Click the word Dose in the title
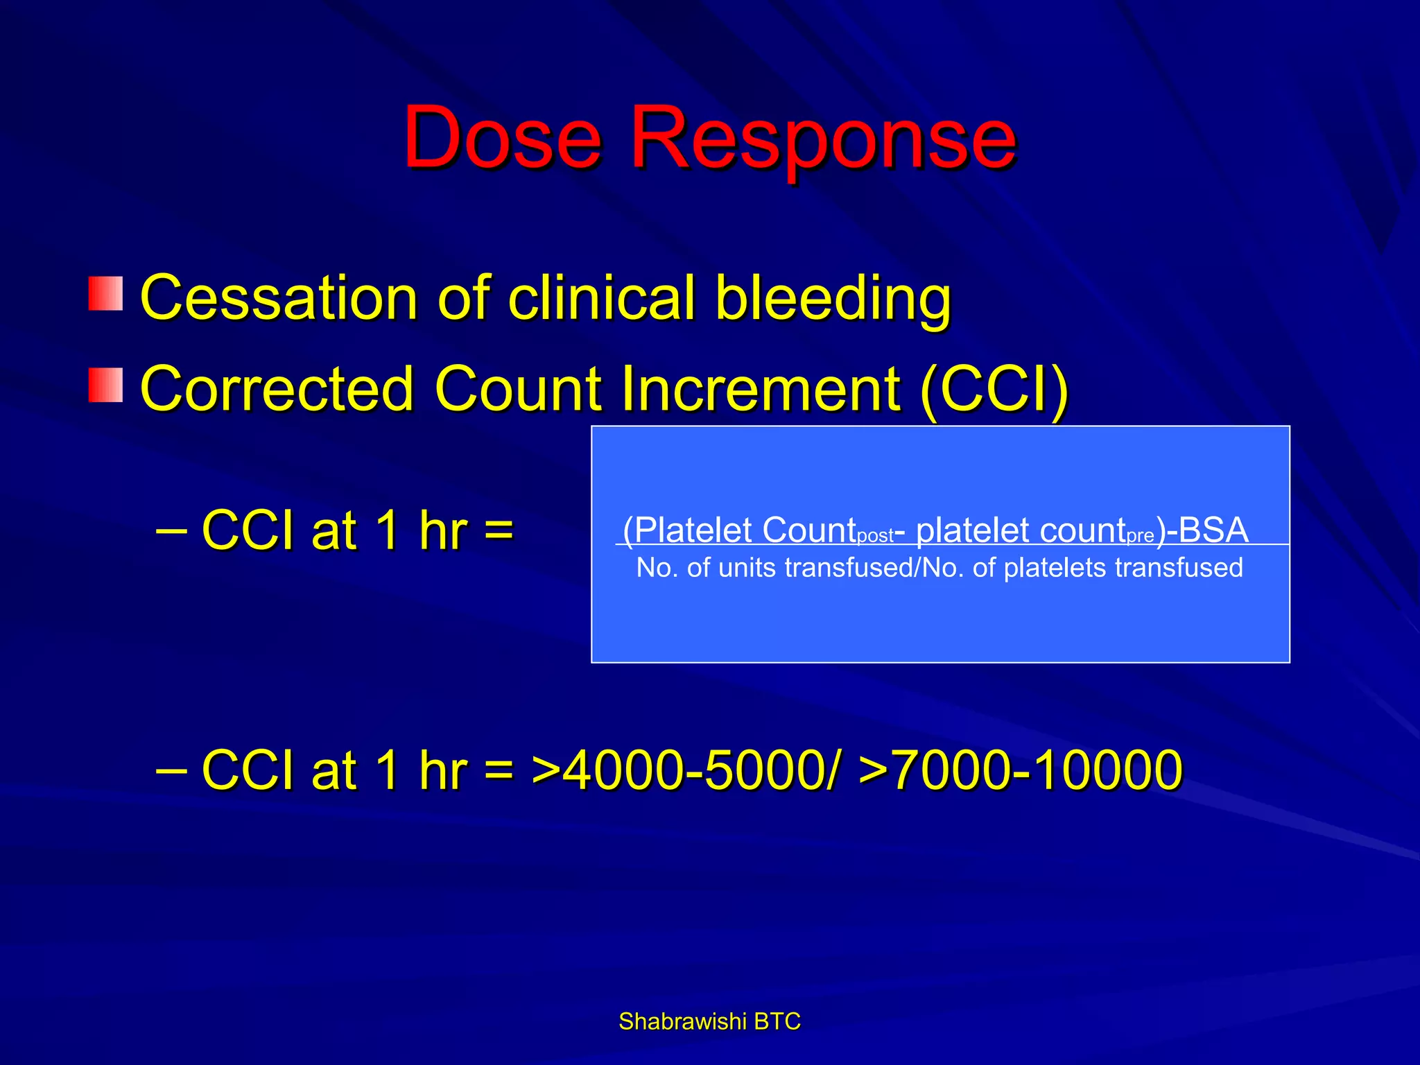pyautogui.click(x=502, y=138)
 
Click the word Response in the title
pyautogui.click(x=822, y=138)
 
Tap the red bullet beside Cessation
pyautogui.click(x=105, y=293)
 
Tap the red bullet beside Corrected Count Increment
pyautogui.click(x=105, y=385)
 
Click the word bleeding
pyautogui.click(x=833, y=297)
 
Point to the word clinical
pyautogui.click(x=601, y=297)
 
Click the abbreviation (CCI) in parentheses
pyautogui.click(x=995, y=389)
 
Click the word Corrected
pyautogui.click(x=277, y=389)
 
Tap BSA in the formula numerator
pyautogui.click(x=1213, y=530)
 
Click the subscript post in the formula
pyautogui.click(x=875, y=537)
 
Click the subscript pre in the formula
pyautogui.click(x=1141, y=537)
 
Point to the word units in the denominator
pyautogui.click(x=746, y=568)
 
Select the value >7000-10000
pyautogui.click(x=1020, y=770)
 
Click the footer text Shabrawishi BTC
pyautogui.click(x=709, y=1021)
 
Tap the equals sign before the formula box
pyautogui.click(x=499, y=531)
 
